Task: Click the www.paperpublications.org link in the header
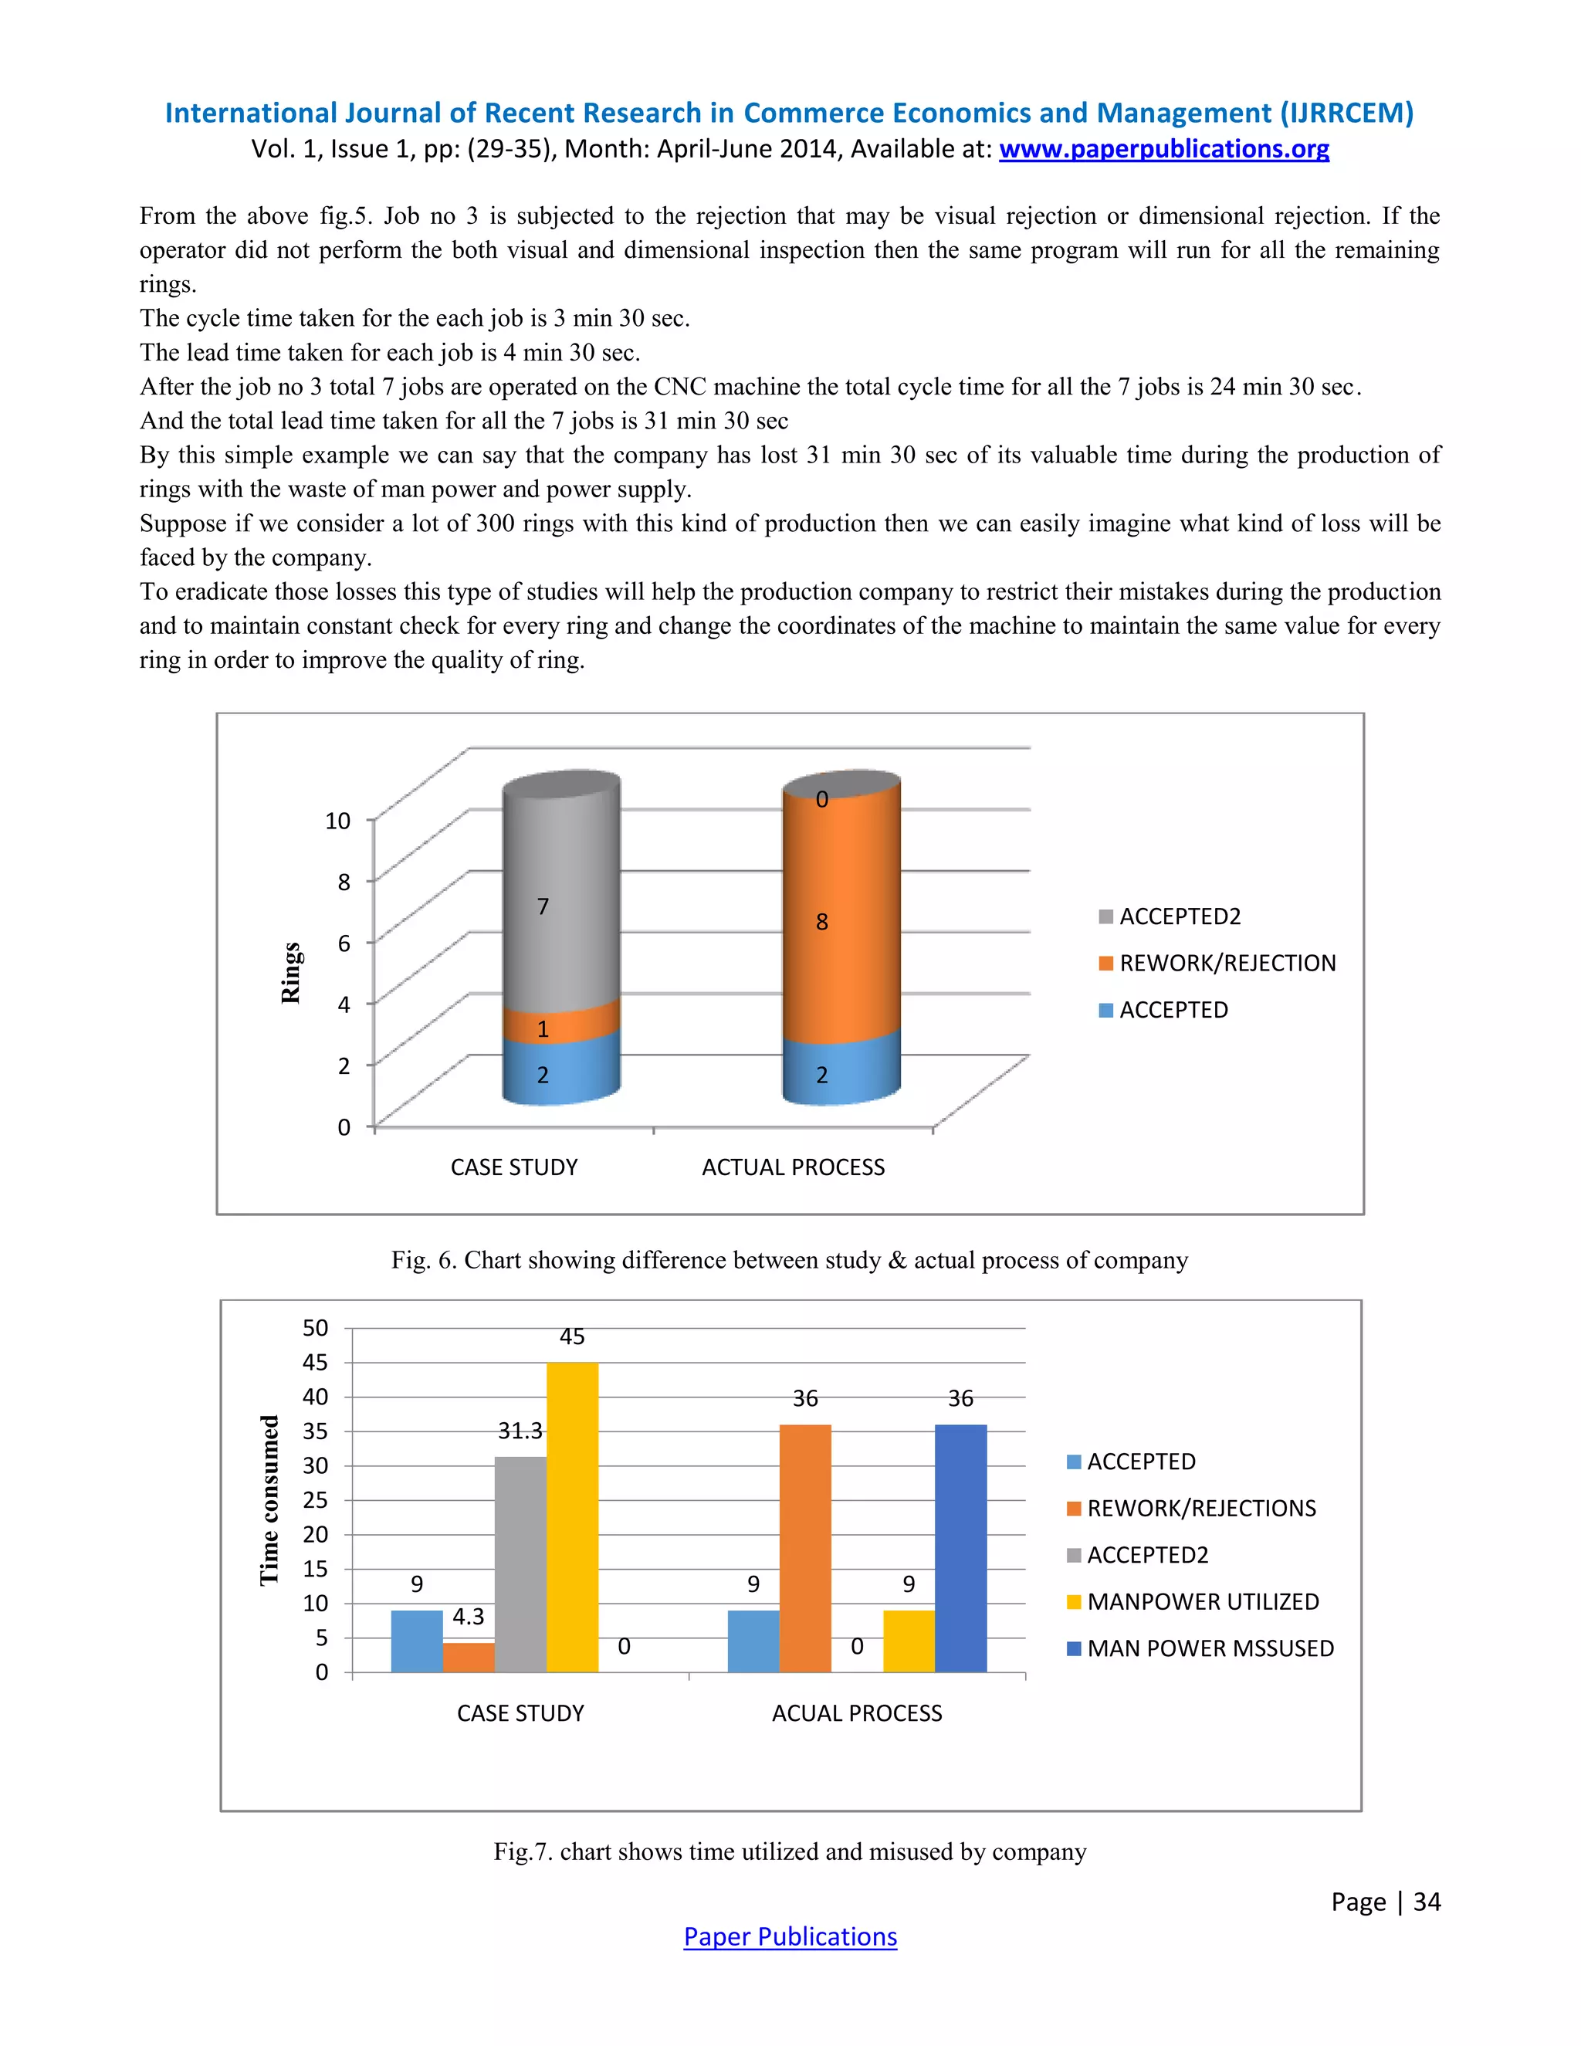tap(1163, 149)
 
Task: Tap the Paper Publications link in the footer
tap(790, 1936)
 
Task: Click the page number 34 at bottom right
tap(1426, 1901)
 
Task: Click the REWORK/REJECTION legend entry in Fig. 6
tap(1217, 963)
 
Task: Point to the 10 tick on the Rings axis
tap(337, 821)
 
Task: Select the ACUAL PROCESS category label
tap(856, 1712)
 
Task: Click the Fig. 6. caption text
tap(789, 1260)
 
